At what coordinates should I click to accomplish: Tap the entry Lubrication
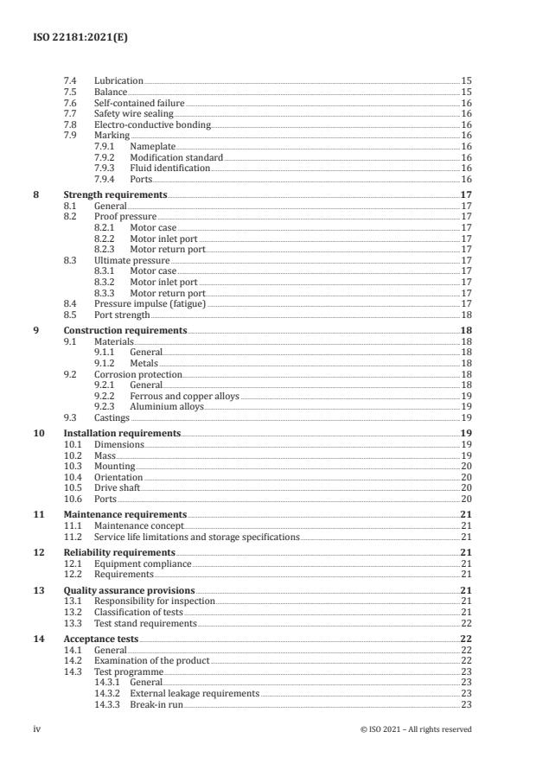[x=118, y=80]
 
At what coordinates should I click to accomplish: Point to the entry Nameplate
[x=152, y=146]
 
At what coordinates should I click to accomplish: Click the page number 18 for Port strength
[x=466, y=315]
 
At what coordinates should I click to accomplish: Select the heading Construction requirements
[x=125, y=330]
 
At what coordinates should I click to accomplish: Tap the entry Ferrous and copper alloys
[x=184, y=396]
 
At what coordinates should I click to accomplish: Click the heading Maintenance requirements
[x=124, y=513]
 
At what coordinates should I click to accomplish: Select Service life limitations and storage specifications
[x=184, y=536]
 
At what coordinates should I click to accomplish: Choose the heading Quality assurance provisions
[x=129, y=590]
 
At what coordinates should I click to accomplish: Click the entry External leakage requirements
[x=194, y=693]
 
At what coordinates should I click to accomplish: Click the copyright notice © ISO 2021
[x=416, y=729]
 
